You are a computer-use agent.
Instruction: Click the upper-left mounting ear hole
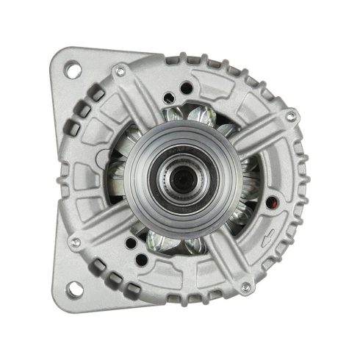[73, 70]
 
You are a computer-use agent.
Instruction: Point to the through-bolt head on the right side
[292, 116]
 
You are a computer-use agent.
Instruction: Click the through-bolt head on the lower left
[74, 240]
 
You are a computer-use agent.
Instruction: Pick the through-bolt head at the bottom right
[246, 287]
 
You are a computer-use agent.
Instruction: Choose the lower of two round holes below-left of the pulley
[131, 242]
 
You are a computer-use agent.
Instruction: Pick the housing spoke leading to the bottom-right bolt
[228, 261]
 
